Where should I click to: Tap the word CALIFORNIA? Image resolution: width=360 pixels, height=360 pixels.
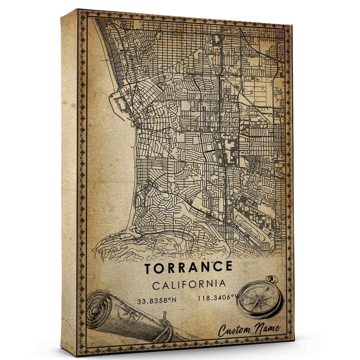pyautogui.click(x=189, y=284)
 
